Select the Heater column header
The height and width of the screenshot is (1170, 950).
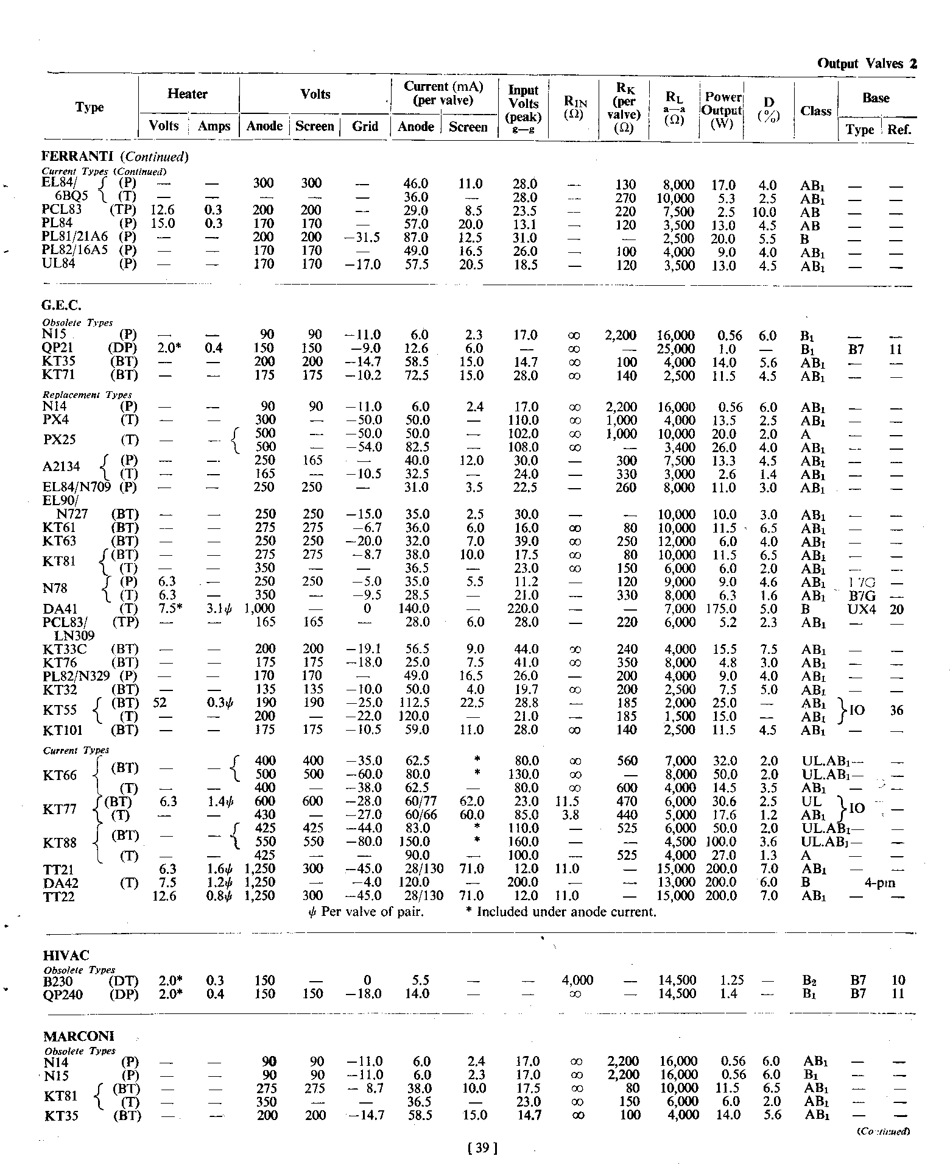[188, 94]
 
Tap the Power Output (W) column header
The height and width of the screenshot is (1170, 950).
[722, 111]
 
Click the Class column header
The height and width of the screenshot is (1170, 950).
[815, 111]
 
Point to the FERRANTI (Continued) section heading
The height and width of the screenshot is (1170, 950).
[115, 157]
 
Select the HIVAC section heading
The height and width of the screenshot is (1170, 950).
[66, 955]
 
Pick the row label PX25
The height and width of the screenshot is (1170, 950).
[61, 440]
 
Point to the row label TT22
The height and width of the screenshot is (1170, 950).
[60, 896]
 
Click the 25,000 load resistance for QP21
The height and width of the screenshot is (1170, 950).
[675, 349]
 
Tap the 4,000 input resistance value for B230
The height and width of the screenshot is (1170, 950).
[577, 980]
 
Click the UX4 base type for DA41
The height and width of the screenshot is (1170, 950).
[861, 609]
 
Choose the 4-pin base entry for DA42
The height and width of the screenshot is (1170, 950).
[880, 882]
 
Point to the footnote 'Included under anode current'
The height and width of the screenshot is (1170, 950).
[566, 912]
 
